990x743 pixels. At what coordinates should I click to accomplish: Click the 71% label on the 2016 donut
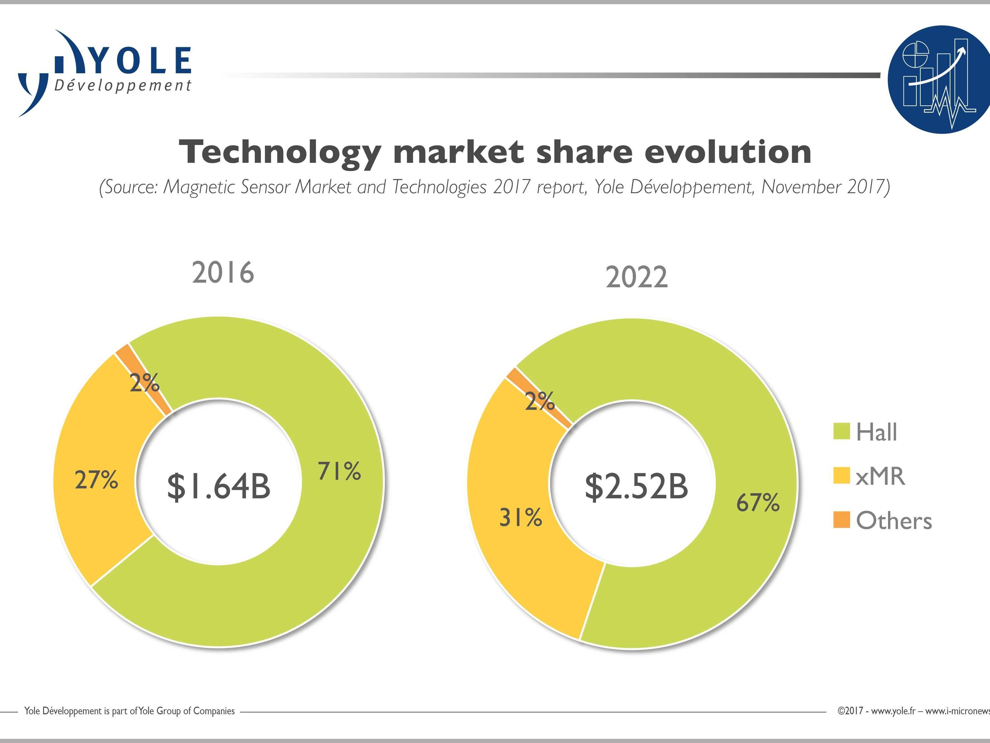(339, 471)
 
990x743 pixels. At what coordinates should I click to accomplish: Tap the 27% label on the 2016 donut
(96, 480)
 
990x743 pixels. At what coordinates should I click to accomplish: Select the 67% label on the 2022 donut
(758, 503)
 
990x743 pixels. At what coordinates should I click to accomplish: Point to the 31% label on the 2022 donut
(520, 517)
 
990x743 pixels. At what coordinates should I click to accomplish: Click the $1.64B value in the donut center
(219, 486)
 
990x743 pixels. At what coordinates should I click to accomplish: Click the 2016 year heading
(223, 272)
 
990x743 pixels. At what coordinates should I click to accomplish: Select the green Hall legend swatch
(841, 431)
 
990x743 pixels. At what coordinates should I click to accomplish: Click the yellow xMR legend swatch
(841, 476)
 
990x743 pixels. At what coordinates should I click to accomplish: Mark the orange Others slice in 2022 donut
(539, 397)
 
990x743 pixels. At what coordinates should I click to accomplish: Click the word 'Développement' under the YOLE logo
(123, 86)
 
